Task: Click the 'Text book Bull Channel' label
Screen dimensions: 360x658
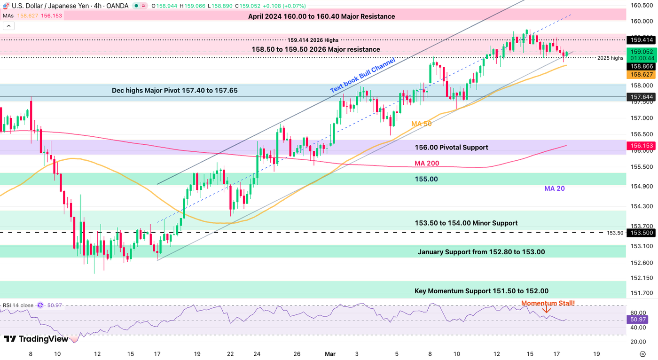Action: tap(362, 75)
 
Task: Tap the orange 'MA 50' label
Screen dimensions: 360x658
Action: tap(421, 124)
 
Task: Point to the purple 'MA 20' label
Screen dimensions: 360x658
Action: tap(555, 188)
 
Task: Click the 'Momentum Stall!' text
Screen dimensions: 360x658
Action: tap(548, 303)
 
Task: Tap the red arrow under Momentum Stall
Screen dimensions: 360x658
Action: tap(547, 310)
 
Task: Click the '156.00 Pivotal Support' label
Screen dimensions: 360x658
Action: tap(451, 147)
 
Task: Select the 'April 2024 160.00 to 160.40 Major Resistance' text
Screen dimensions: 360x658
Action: tap(321, 16)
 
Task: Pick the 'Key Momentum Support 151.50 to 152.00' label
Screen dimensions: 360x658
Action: tap(481, 291)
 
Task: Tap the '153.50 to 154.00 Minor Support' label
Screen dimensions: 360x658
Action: tap(466, 223)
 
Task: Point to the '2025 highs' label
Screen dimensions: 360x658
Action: tap(610, 58)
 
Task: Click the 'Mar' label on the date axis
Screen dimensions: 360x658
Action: tap(329, 353)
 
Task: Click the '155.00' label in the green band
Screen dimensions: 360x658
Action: tap(426, 179)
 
